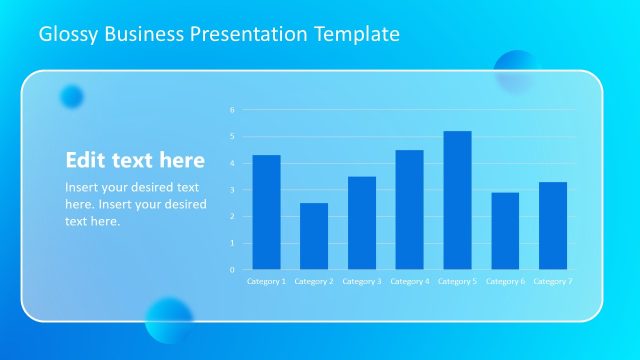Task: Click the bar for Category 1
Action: click(x=266, y=212)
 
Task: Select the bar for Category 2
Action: click(x=314, y=236)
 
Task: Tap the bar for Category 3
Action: click(x=362, y=223)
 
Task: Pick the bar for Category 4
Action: click(x=409, y=209)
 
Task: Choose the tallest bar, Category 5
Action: click(x=457, y=200)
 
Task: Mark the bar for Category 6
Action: click(x=505, y=231)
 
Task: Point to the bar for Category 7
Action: click(x=553, y=225)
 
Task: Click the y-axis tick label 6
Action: click(x=231, y=110)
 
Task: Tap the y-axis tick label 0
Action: click(x=231, y=270)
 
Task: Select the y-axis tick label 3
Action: click(x=231, y=190)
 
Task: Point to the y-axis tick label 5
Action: click(x=231, y=137)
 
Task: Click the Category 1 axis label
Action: click(x=266, y=282)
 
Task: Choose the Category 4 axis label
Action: click(x=409, y=282)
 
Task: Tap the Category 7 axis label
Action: click(x=553, y=282)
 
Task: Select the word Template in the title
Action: click(x=358, y=35)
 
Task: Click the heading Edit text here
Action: click(x=135, y=160)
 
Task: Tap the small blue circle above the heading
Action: click(x=71, y=96)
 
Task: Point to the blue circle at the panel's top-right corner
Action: click(x=517, y=72)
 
